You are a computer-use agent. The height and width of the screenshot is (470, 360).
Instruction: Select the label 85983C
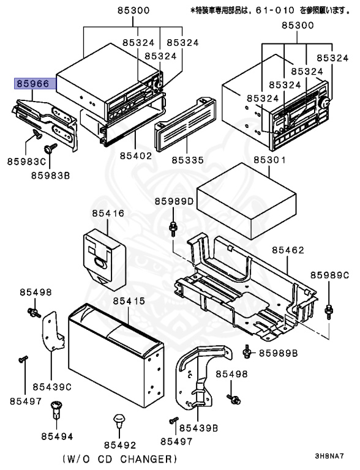[26, 162]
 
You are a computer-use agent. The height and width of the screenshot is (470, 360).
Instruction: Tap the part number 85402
[136, 157]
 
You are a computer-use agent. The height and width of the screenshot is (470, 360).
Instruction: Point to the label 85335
[186, 160]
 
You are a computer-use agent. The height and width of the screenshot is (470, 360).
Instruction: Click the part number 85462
[288, 250]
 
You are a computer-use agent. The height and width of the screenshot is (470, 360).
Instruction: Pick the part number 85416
[108, 214]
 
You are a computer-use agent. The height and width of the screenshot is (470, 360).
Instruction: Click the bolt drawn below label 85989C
[329, 309]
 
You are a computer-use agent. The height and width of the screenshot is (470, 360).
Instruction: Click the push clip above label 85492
[118, 422]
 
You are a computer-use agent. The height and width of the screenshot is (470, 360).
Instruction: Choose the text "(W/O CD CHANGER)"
[119, 458]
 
